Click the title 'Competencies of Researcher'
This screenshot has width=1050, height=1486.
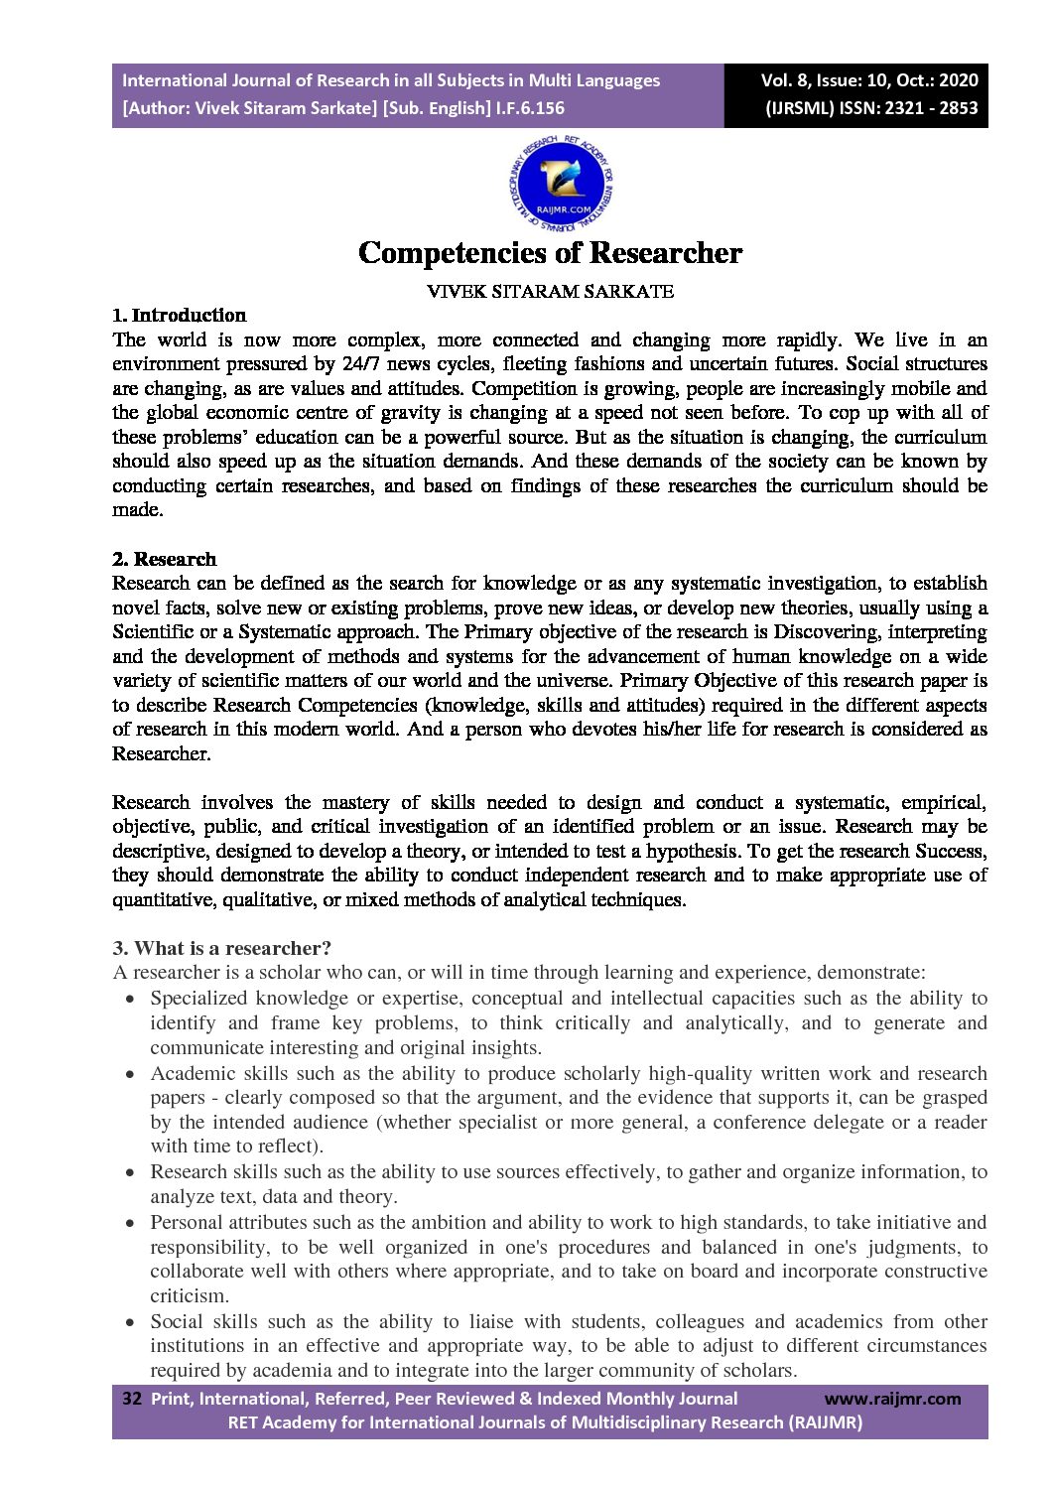[x=550, y=253]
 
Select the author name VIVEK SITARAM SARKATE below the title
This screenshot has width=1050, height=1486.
[x=550, y=292]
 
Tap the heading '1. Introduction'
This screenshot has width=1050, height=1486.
[x=179, y=316]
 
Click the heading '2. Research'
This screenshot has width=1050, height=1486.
[x=164, y=559]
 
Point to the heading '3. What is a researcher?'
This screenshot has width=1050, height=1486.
[x=222, y=948]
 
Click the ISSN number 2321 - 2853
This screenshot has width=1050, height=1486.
[x=909, y=108]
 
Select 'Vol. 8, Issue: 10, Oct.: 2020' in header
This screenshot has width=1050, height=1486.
[x=869, y=80]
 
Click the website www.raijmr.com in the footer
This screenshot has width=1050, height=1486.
[x=892, y=1399]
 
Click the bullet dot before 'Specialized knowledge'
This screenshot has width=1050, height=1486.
[x=130, y=999]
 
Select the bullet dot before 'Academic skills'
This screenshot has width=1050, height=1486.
[x=130, y=1074]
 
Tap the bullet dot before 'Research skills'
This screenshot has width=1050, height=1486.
[x=130, y=1172]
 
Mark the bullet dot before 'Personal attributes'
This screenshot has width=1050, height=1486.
[x=130, y=1223]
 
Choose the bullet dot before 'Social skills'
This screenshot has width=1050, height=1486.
[x=130, y=1322]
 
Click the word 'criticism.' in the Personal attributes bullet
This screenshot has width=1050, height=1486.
[x=190, y=1295]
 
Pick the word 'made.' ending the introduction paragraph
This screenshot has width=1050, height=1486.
[x=137, y=510]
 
